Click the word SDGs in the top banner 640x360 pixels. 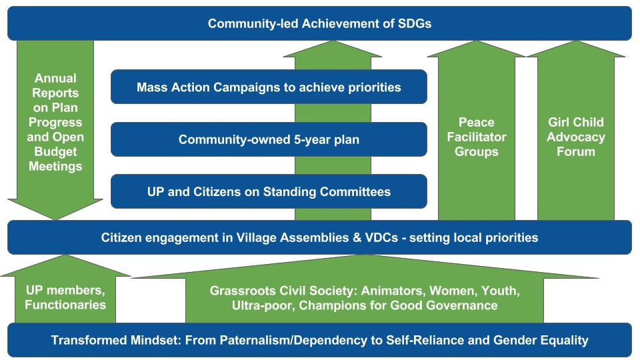click(x=413, y=24)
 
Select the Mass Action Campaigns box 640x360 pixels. click(x=269, y=87)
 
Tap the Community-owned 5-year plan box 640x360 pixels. click(x=269, y=139)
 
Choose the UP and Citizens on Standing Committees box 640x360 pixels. click(x=269, y=191)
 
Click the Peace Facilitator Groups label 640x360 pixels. click(x=476, y=137)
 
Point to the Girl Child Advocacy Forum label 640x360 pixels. click(x=576, y=137)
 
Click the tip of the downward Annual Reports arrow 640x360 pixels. click(x=55, y=219)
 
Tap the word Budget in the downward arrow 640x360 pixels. click(x=55, y=151)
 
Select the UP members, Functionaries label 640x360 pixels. click(x=65, y=297)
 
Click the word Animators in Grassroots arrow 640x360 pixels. click(x=393, y=291)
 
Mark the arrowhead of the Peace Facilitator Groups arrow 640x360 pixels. click(x=476, y=49)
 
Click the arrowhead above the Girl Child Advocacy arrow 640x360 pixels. click(x=576, y=49)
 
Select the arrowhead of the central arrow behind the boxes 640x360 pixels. click(x=333, y=49)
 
